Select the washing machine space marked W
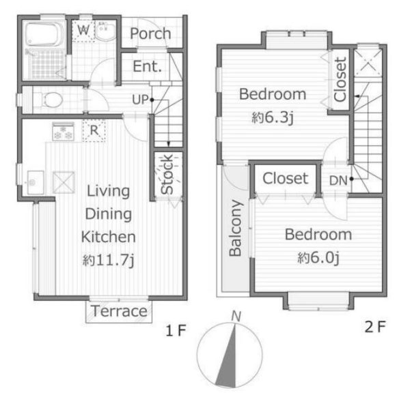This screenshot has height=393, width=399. point(83,31)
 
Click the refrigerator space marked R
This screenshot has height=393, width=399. point(94,130)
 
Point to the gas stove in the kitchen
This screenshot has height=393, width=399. point(63,131)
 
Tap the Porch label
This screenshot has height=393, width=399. point(150,33)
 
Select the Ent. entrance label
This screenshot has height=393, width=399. point(148,66)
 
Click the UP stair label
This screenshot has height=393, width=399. point(140,100)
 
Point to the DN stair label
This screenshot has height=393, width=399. point(338,181)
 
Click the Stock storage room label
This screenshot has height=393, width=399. point(167,174)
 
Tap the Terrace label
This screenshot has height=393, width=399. point(119,311)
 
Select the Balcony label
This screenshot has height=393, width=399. point(235,228)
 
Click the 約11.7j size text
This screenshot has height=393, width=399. point(108,260)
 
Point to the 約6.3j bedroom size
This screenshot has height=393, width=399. point(273,117)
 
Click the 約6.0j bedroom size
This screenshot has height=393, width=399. point(318,258)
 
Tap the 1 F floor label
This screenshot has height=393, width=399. point(176,330)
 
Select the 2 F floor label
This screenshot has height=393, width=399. point(375,327)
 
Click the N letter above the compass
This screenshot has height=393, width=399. point(236,317)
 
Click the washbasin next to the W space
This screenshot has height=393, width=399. point(105,31)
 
